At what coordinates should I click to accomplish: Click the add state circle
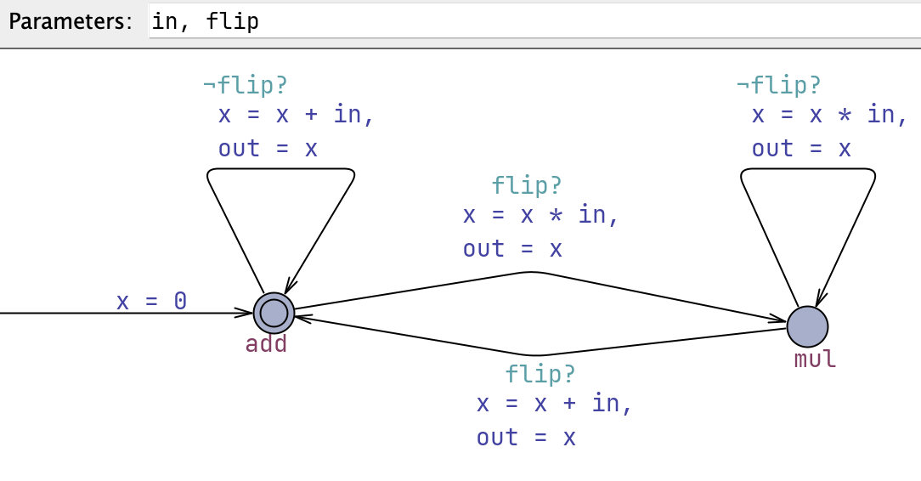coord(274,314)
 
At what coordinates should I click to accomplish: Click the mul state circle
coord(807,326)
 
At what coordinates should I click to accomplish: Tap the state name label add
coord(267,344)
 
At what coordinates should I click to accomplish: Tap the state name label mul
coord(815,359)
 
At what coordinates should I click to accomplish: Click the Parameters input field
coord(510,21)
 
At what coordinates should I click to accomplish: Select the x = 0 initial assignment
coord(151,301)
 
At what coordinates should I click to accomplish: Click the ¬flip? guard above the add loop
coord(246,85)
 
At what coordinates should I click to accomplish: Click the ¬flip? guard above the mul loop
coord(779,85)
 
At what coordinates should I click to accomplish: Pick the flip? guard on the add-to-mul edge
coord(527,185)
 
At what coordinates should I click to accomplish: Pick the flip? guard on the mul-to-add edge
coord(540,374)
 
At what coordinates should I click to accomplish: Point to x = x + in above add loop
coord(296,114)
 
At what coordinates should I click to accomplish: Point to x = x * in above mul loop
coord(823,114)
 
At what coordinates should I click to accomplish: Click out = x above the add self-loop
coord(268,149)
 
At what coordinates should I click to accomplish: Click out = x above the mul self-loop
coord(801,149)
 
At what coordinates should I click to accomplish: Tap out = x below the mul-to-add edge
coord(526,438)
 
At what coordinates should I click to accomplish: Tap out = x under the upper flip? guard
coord(512,249)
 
